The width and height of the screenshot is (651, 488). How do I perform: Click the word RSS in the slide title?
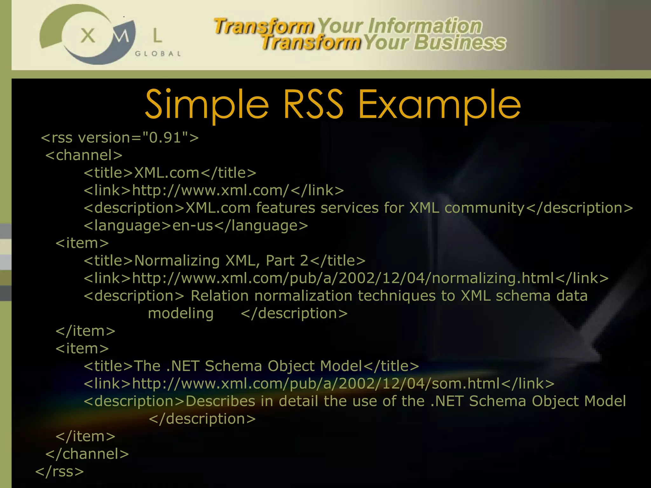pyautogui.click(x=313, y=104)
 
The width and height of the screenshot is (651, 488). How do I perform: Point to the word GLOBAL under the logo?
pyautogui.click(x=158, y=54)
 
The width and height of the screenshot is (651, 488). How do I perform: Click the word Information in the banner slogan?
pyautogui.click(x=425, y=26)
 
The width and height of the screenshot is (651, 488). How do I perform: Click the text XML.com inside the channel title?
pyautogui.click(x=167, y=173)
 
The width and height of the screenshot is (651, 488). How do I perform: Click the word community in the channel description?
pyautogui.click(x=484, y=208)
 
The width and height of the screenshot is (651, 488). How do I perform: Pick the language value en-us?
pyautogui.click(x=193, y=226)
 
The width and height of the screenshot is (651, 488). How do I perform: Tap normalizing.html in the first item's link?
pyautogui.click(x=493, y=278)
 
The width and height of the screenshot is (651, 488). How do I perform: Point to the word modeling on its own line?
pyautogui.click(x=181, y=314)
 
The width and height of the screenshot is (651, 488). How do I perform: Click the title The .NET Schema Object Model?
pyautogui.click(x=248, y=366)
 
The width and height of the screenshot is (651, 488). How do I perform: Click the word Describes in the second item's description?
pyautogui.click(x=220, y=401)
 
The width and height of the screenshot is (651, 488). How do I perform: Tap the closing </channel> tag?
pyautogui.click(x=87, y=454)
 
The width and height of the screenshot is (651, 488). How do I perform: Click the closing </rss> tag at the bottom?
pyautogui.click(x=59, y=471)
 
